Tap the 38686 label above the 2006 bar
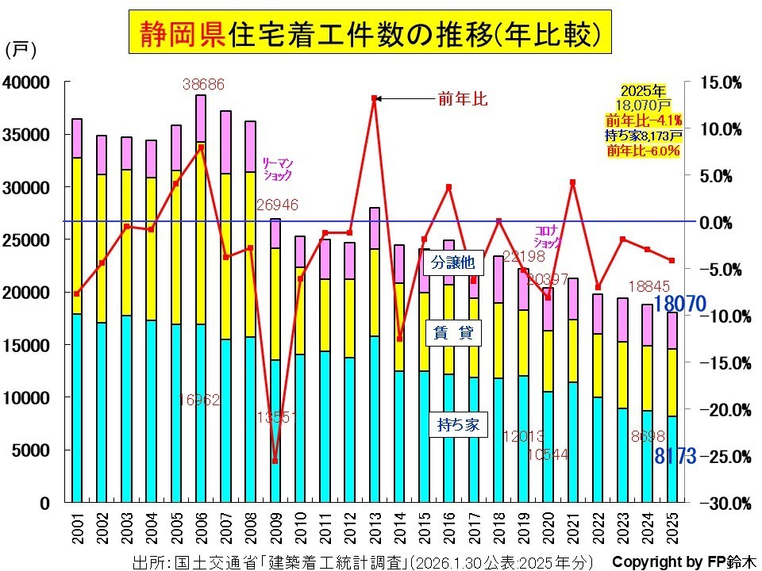click(203, 82)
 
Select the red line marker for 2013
click(374, 98)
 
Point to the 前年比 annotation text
click(462, 99)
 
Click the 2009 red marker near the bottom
click(275, 461)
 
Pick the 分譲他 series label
click(457, 261)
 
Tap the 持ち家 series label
click(457, 424)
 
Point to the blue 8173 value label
click(675, 456)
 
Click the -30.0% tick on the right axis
click(720, 504)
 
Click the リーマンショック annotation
click(277, 167)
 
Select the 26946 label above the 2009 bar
click(277, 205)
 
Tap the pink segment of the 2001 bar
click(77, 138)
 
